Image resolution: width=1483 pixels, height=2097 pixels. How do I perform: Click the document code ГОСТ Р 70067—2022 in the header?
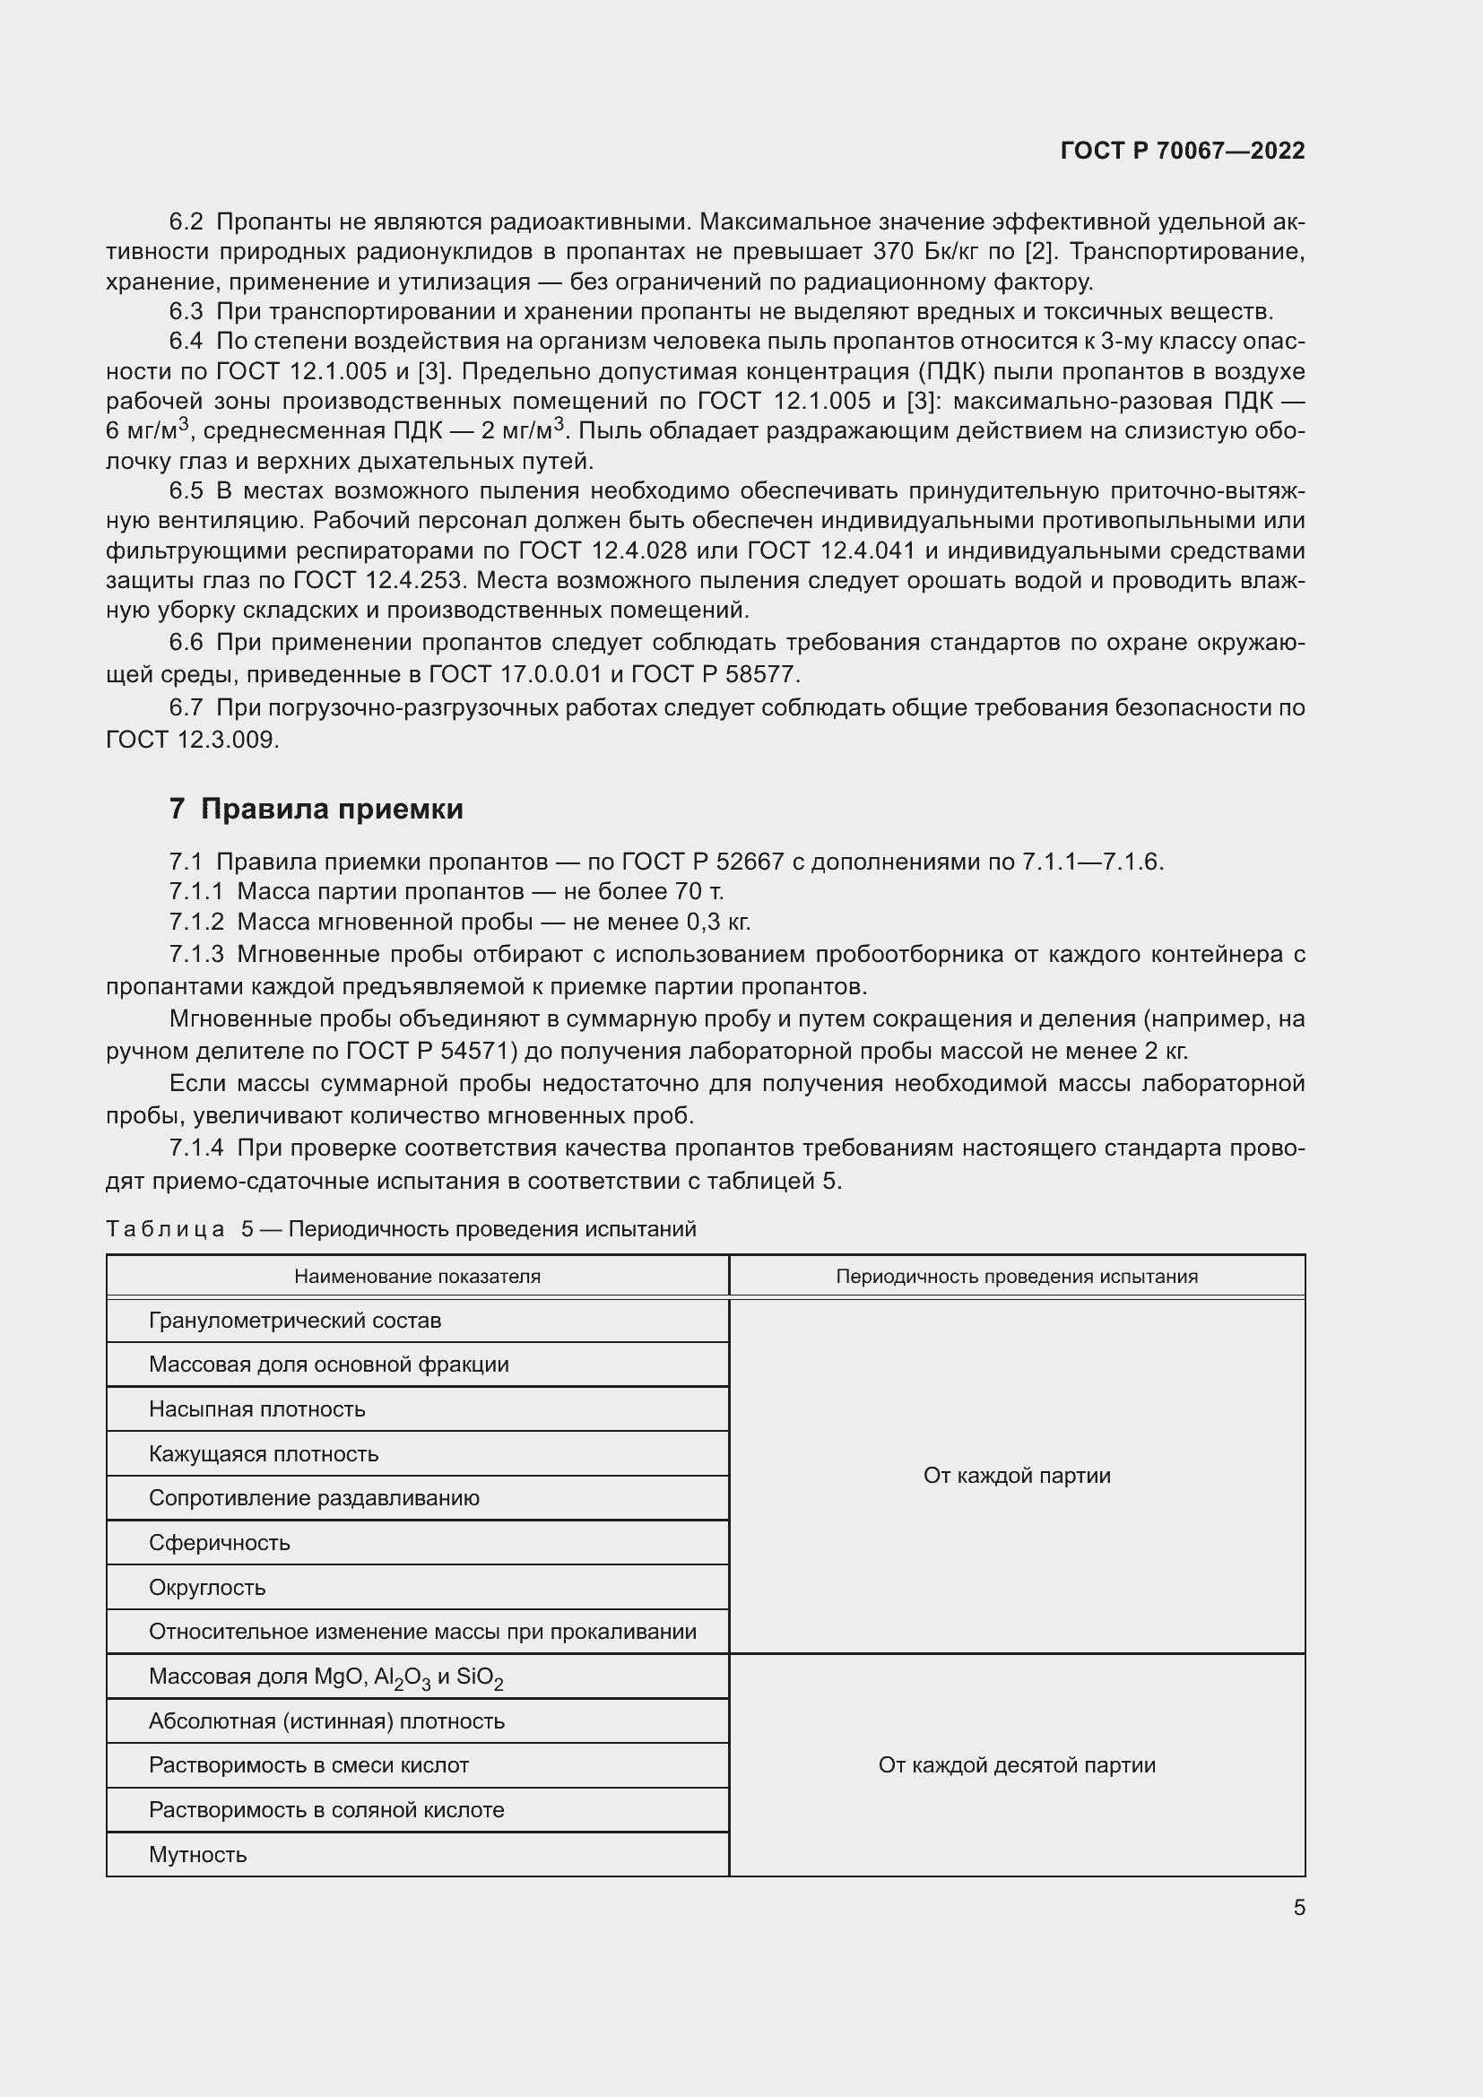pos(1183,151)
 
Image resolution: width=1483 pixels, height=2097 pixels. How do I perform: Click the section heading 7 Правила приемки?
pos(316,810)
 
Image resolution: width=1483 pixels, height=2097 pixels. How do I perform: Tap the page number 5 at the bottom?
pos(1298,1907)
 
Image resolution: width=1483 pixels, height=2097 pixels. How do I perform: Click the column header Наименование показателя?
pos(417,1276)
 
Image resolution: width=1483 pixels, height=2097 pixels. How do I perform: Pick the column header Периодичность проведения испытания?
pos(1017,1276)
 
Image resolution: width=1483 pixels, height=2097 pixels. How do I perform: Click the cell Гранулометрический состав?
pos(295,1320)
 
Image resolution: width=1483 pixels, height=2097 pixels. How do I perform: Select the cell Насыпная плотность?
pos(256,1408)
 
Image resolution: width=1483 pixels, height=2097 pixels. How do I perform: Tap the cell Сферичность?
pos(219,1543)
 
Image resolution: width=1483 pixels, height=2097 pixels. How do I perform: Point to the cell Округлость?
pos(207,1588)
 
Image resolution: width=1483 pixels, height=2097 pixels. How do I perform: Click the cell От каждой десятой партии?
pos(1017,1764)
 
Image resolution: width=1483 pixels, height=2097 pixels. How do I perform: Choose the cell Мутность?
pos(197,1854)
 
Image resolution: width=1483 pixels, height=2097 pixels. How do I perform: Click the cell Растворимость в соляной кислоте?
pos(326,1809)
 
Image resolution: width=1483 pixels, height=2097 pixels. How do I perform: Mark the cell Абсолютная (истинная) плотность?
pos(326,1720)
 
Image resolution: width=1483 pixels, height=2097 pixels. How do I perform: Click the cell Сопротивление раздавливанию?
pos(313,1498)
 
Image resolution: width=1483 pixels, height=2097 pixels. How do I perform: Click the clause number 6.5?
pos(186,491)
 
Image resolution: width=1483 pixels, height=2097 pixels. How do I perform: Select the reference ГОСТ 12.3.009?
pos(192,739)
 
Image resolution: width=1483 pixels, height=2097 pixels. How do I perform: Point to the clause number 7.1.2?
pos(195,922)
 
